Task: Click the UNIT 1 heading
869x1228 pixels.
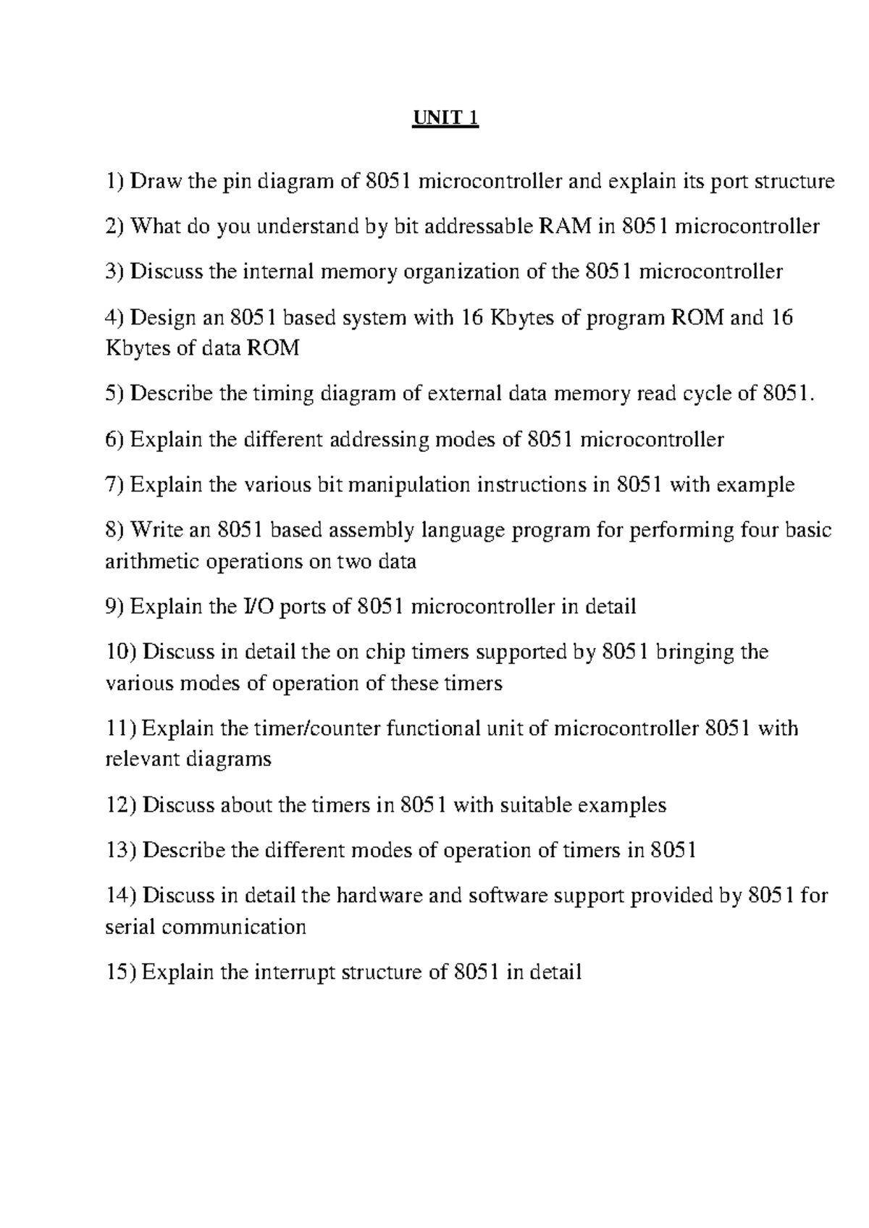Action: [445, 117]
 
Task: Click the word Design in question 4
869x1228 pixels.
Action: [163, 318]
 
